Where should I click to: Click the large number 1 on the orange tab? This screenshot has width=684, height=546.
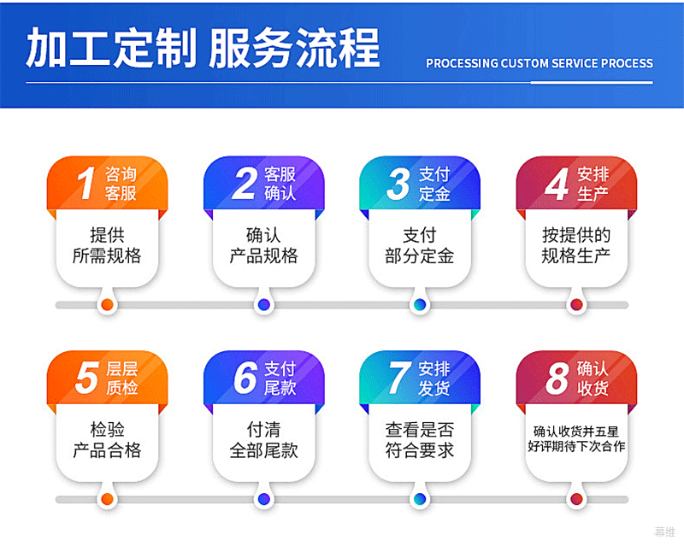click(86, 183)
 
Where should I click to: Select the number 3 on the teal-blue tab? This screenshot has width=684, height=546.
click(398, 184)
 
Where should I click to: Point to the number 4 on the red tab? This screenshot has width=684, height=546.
click(557, 184)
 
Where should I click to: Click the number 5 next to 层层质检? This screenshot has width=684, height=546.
click(86, 378)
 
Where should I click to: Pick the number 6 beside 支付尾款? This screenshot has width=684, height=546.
click(245, 378)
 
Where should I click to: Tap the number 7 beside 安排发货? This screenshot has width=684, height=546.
click(399, 378)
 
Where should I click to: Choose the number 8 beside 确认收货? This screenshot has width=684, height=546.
click(557, 378)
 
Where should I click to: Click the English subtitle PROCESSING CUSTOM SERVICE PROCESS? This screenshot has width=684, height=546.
click(540, 64)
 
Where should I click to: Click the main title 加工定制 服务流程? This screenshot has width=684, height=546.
click(203, 48)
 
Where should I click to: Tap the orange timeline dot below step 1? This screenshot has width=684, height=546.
click(107, 304)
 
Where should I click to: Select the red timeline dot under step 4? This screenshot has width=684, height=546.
click(576, 304)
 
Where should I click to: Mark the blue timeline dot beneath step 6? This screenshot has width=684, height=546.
click(263, 499)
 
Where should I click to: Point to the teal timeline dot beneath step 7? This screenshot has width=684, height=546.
click(420, 499)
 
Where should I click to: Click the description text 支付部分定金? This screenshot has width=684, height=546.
click(420, 245)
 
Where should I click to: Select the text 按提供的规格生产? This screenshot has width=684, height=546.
click(575, 245)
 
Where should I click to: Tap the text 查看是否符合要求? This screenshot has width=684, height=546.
click(420, 440)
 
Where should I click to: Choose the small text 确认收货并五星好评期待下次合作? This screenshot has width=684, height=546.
click(576, 439)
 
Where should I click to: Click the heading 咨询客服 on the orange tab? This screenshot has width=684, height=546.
click(121, 184)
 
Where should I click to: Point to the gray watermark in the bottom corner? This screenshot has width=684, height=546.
click(665, 531)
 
